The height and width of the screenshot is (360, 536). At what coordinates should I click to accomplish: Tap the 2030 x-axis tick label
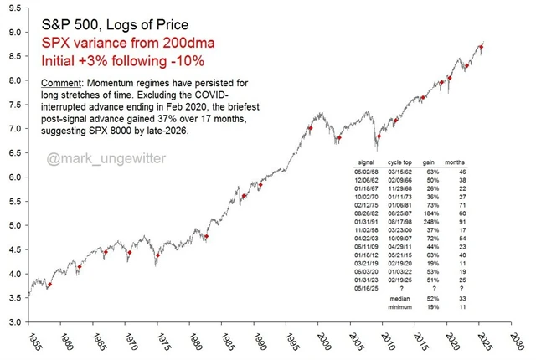(519, 342)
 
